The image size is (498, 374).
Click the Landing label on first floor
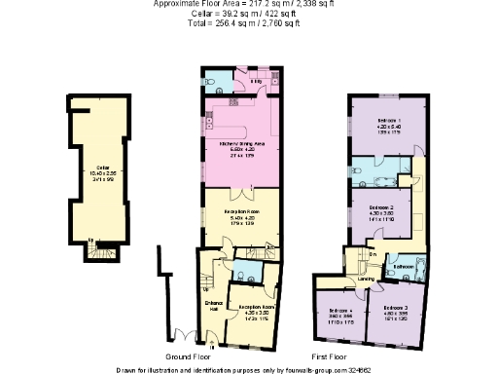click(x=366, y=278)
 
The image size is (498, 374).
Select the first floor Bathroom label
click(x=405, y=265)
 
